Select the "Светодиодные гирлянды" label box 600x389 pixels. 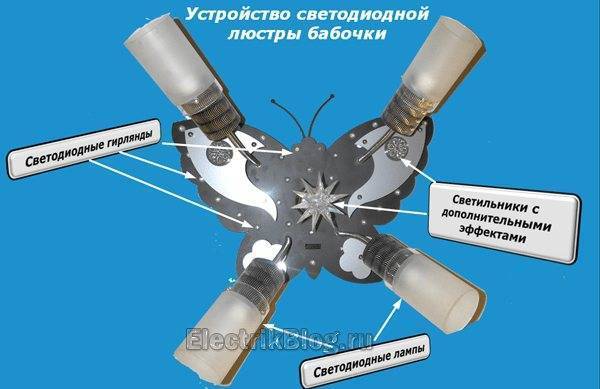(84, 148)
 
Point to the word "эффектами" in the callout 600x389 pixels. (492, 233)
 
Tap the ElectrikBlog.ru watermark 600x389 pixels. (279, 338)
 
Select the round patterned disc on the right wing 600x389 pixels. (397, 147)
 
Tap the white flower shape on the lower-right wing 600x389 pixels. (354, 257)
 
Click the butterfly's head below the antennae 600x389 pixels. (308, 147)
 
